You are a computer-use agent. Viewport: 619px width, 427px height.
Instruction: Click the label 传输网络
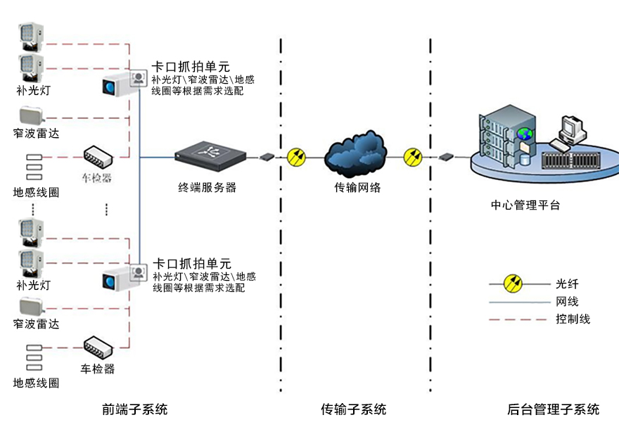click(357, 188)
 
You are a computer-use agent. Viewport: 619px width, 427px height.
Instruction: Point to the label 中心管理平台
click(525, 205)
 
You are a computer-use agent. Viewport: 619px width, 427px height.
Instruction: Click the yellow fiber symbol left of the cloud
click(297, 156)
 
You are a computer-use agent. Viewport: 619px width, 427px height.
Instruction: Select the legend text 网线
click(567, 301)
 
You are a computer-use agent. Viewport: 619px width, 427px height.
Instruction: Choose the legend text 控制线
click(573, 319)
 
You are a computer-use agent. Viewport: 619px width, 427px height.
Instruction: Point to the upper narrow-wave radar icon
click(32, 116)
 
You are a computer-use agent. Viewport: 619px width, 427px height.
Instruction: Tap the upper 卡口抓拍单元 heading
click(191, 68)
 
